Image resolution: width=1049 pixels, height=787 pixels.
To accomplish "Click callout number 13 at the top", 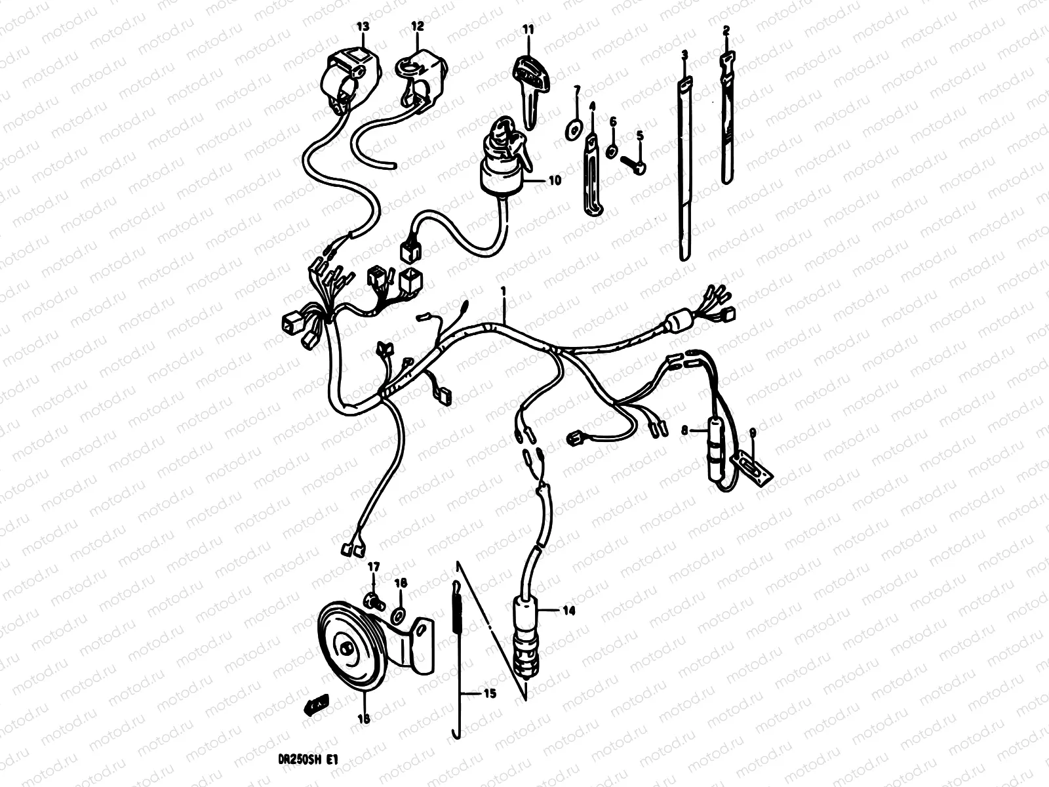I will click(x=363, y=26).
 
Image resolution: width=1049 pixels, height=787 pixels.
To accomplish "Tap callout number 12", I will click(x=418, y=26).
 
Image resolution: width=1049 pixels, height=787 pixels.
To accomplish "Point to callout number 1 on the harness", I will click(x=504, y=290).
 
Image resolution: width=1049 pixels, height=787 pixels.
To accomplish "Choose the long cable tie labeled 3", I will click(x=685, y=171).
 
